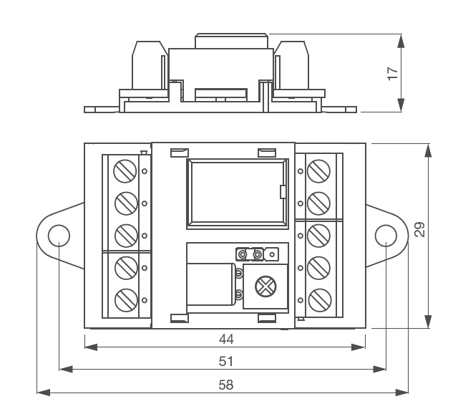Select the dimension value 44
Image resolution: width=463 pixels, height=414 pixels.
(226, 338)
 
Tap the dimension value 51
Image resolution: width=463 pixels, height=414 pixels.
(226, 360)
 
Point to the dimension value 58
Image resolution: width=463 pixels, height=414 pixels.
(226, 385)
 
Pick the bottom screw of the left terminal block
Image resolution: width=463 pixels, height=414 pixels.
(125, 298)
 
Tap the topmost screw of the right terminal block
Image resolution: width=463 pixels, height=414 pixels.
(318, 170)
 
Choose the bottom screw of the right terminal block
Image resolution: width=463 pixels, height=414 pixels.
(318, 298)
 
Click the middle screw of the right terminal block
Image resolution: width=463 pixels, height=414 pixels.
(318, 234)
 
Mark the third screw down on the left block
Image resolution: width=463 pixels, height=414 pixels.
(125, 235)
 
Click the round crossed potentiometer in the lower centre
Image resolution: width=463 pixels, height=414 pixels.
(265, 287)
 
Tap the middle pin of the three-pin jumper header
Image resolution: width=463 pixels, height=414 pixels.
(257, 254)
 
